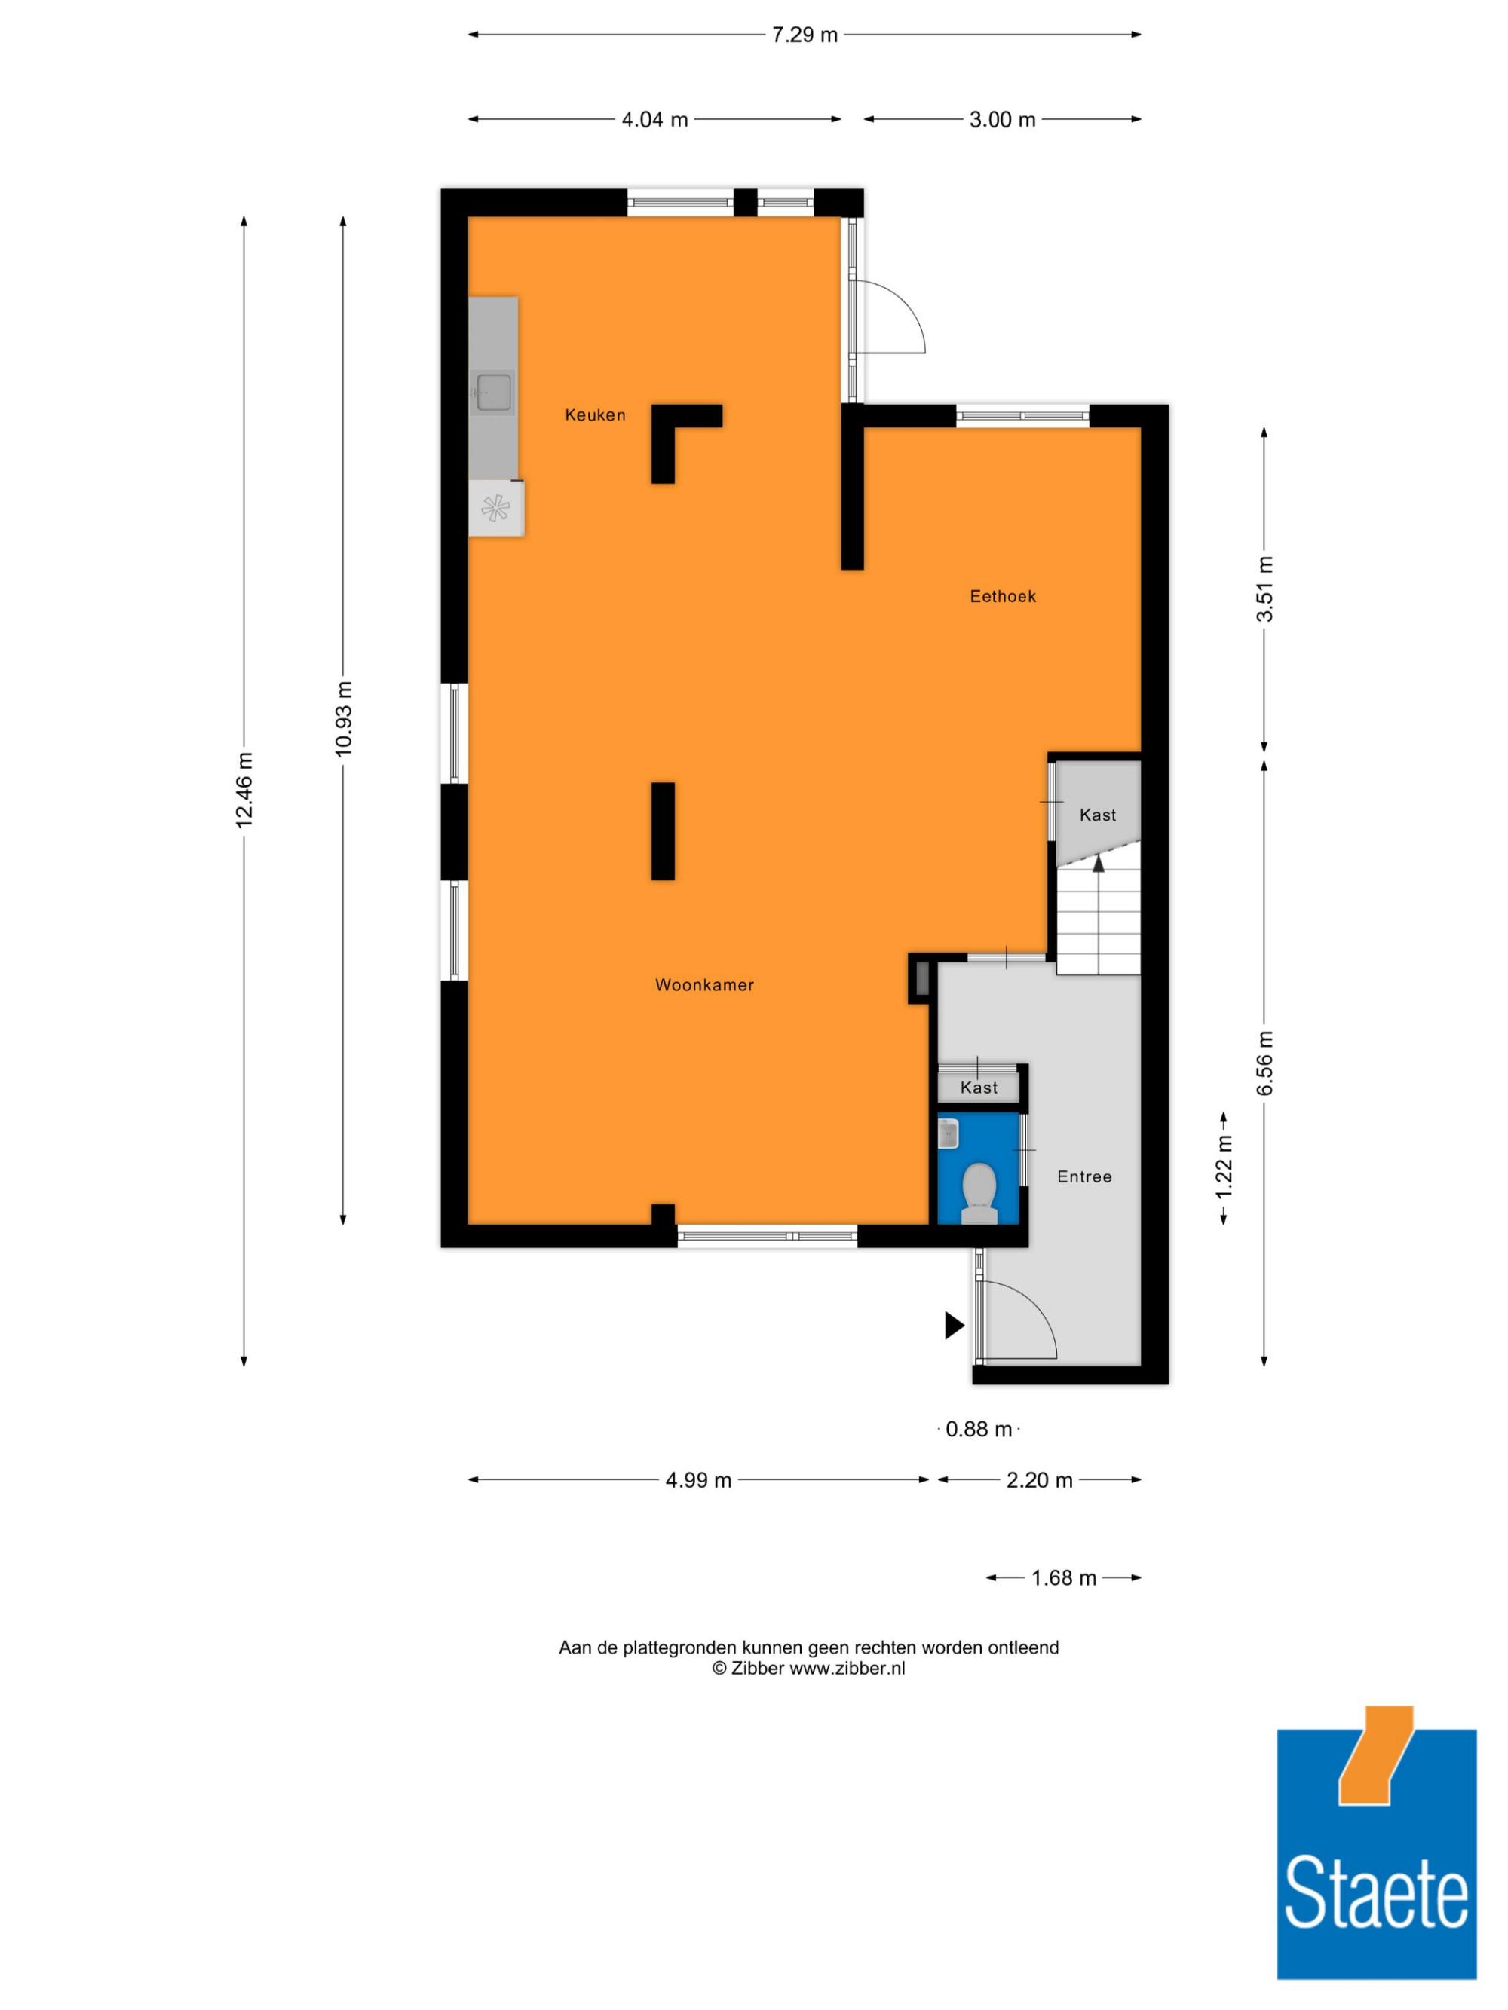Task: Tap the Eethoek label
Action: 1003,596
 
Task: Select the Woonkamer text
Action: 704,984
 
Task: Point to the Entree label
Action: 1084,1176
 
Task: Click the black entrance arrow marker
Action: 955,1326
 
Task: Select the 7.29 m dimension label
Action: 805,35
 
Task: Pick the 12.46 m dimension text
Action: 244,790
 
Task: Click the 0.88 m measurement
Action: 979,1430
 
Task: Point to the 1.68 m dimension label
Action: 1063,1578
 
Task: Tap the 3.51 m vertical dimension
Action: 1264,589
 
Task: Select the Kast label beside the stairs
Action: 1097,815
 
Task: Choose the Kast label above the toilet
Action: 978,1088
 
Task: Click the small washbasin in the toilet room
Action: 948,1133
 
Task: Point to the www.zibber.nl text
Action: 847,1669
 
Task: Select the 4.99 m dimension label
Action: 698,1480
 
